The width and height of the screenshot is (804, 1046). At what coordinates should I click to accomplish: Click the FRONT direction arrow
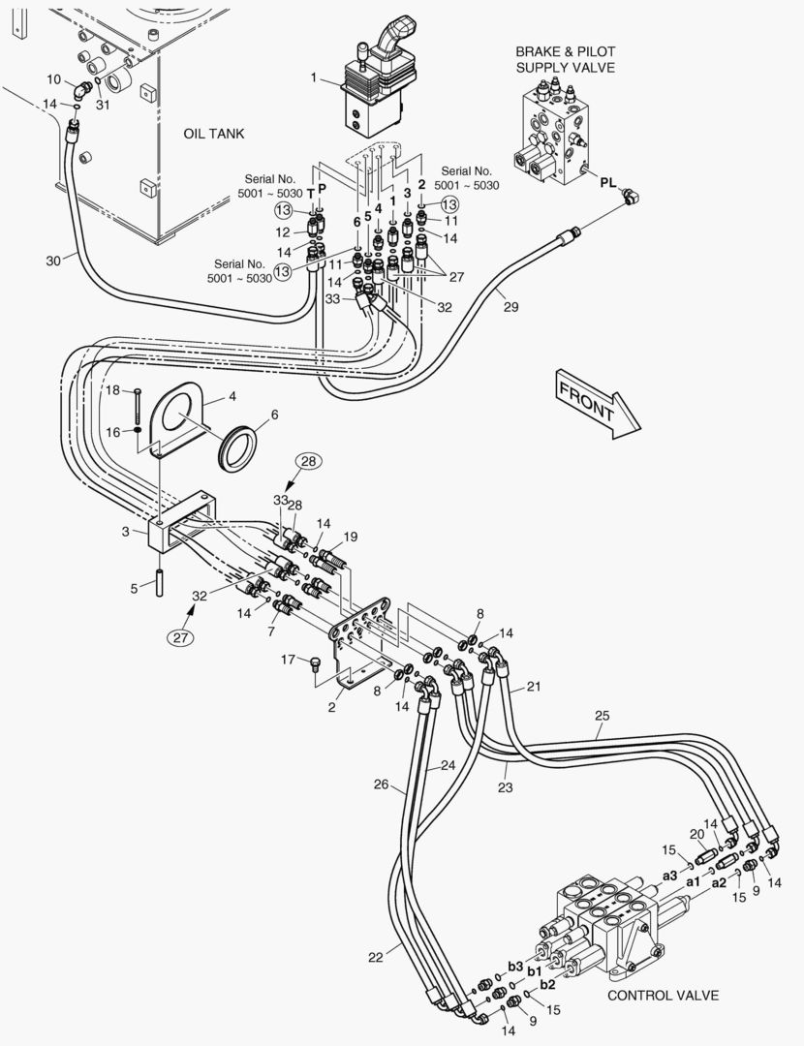tap(597, 405)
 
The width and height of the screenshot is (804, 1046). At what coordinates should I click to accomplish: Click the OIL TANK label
tap(214, 134)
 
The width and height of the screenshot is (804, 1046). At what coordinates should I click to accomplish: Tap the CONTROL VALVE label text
tap(664, 996)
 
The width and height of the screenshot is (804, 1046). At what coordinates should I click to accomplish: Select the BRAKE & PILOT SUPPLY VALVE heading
tap(565, 59)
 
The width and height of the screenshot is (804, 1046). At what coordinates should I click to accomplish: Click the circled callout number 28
tap(308, 461)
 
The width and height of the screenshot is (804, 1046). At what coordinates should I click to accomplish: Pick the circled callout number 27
tap(181, 637)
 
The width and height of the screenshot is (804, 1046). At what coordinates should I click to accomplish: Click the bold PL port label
tap(607, 182)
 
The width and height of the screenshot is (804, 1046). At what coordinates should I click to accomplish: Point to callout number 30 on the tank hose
tap(53, 261)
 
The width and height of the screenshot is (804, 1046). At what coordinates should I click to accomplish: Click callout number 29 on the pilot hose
tap(510, 307)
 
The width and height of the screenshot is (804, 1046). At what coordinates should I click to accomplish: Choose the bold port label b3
tap(515, 967)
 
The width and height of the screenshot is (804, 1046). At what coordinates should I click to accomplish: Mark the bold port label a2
tap(719, 883)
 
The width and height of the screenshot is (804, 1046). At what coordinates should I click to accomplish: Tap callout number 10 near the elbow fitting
tap(53, 79)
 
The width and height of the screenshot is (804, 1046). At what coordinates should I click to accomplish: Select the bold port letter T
tap(310, 194)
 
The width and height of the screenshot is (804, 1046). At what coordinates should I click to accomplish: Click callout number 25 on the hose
tap(602, 716)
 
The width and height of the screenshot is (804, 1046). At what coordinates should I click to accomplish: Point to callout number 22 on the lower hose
tap(376, 957)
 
